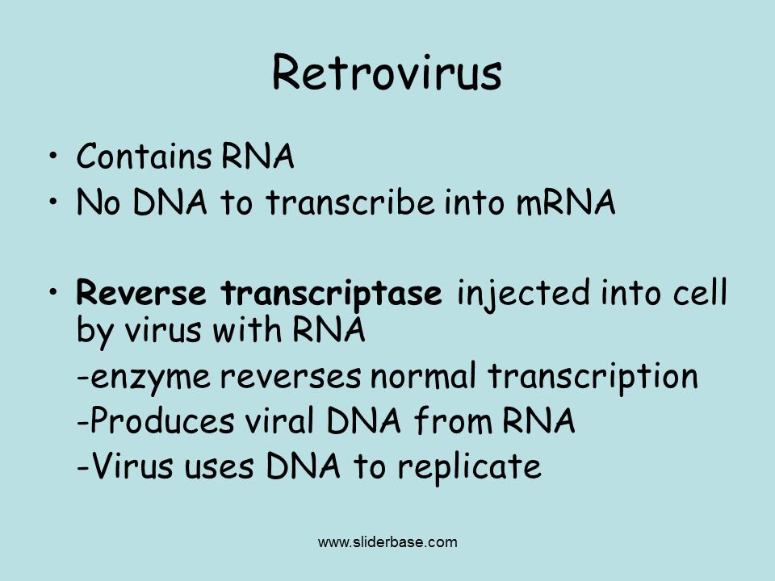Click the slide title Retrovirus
pyautogui.click(x=387, y=72)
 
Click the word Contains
pyautogui.click(x=145, y=156)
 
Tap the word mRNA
pyautogui.click(x=565, y=202)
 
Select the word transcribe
pyautogui.click(x=350, y=202)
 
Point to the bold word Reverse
pyautogui.click(x=140, y=292)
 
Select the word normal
pyautogui.click(x=423, y=375)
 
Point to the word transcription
pyautogui.click(x=593, y=378)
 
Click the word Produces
pyautogui.click(x=162, y=421)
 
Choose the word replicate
pyautogui.click(x=470, y=468)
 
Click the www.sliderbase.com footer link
pyautogui.click(x=387, y=542)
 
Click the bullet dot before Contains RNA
pyautogui.click(x=53, y=156)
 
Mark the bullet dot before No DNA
pyautogui.click(x=53, y=202)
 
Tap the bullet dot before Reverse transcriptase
pyautogui.click(x=53, y=292)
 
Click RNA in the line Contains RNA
pyautogui.click(x=258, y=156)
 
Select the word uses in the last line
pyautogui.click(x=219, y=468)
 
